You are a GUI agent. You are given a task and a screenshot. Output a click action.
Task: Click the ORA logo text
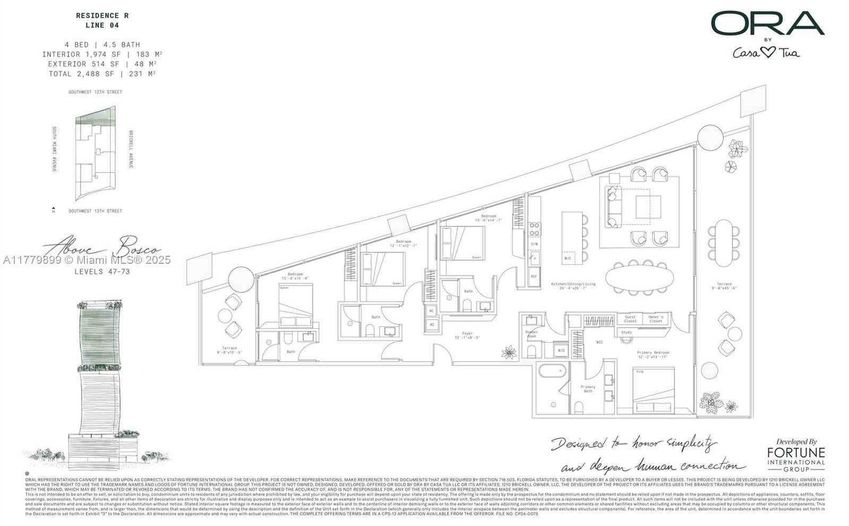click(x=767, y=24)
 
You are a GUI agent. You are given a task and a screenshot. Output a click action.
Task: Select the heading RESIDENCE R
click(x=102, y=16)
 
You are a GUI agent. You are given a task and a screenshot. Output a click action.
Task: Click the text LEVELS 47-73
click(x=102, y=272)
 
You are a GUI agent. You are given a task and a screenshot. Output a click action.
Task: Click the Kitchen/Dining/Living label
click(x=573, y=286)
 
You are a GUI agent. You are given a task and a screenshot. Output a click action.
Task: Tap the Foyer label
click(x=467, y=335)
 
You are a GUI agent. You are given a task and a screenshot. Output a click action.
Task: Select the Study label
click(x=627, y=332)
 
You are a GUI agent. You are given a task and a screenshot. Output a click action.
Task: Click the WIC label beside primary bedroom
click(x=599, y=342)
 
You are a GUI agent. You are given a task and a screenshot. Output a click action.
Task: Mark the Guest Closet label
click(x=630, y=319)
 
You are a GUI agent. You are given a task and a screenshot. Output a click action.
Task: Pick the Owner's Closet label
click(x=656, y=319)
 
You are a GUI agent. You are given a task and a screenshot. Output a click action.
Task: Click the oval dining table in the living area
click(x=639, y=278)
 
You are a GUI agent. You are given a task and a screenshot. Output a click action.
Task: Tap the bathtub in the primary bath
click(x=552, y=371)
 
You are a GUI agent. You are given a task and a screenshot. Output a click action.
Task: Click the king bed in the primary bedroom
click(x=653, y=390)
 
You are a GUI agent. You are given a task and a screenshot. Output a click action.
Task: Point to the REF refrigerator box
click(x=534, y=277)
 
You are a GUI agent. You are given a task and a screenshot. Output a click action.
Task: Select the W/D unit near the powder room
click(x=561, y=350)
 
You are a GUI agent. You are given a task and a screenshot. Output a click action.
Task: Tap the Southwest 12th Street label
click(x=95, y=92)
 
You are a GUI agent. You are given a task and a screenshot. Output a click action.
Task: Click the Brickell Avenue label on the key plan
click(x=131, y=149)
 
